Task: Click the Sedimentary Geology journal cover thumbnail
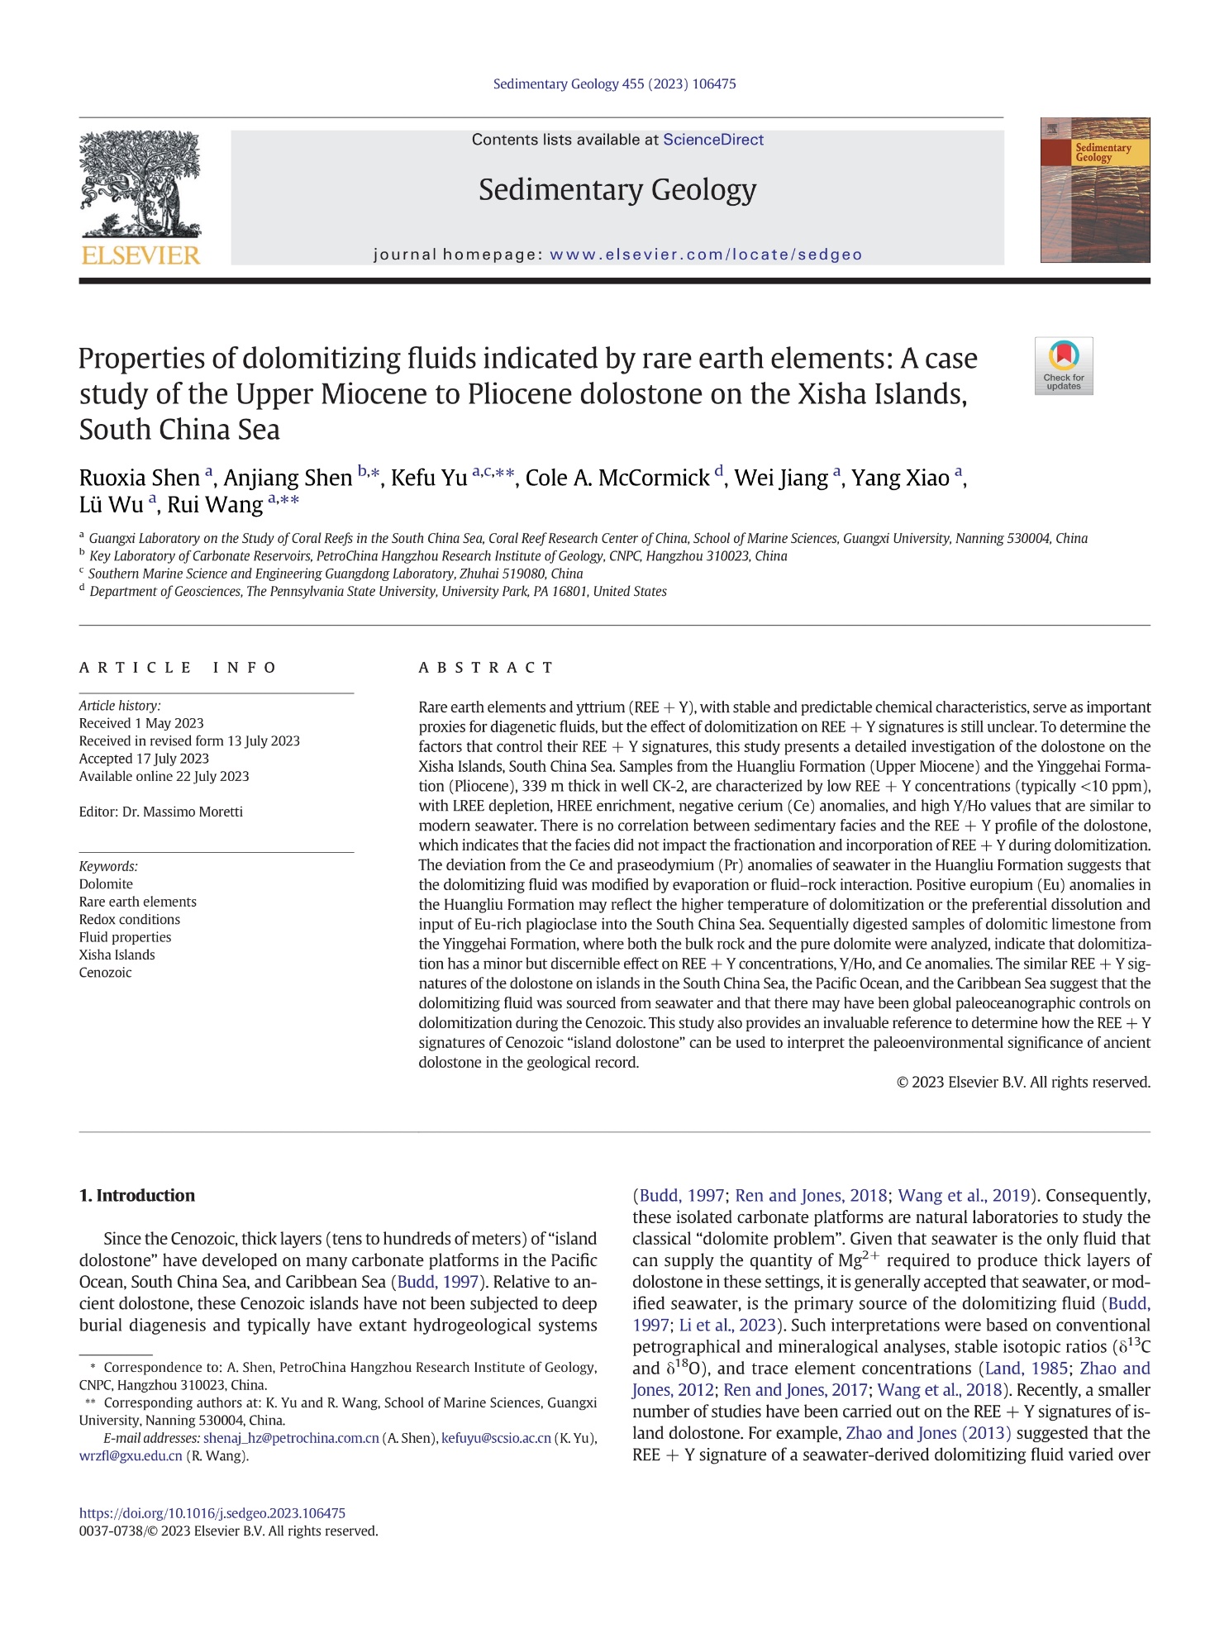click(1094, 190)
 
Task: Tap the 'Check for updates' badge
click(1063, 365)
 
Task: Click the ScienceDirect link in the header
click(712, 140)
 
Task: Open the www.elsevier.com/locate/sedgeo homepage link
click(705, 255)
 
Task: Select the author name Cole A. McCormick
click(617, 478)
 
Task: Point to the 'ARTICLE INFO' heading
click(178, 667)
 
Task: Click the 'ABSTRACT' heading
click(486, 667)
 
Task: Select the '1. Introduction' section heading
click(137, 1195)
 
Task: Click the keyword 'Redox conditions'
click(129, 919)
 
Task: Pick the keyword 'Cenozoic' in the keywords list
click(105, 972)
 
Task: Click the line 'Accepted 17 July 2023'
click(144, 758)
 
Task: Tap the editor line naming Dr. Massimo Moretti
click(161, 812)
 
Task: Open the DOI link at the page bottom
click(212, 1513)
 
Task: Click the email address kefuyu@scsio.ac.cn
click(496, 1438)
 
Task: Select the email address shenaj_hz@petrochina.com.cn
click(291, 1438)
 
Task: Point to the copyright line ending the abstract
click(1022, 1082)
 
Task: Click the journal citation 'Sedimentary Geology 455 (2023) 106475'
click(614, 83)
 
